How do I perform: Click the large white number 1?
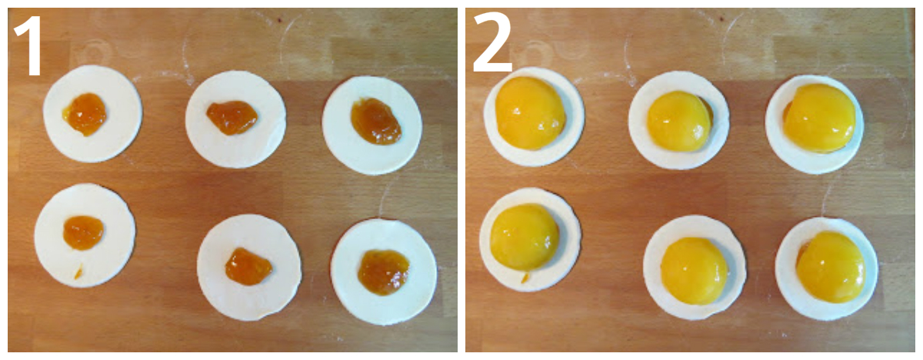coord(30,45)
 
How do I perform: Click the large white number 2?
coord(492,42)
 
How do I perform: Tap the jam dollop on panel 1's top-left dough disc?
coord(85,114)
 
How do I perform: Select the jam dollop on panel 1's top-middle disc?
coord(232,118)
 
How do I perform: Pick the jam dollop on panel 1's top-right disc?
coord(376,121)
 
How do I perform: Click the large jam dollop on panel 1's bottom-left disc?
coord(83,232)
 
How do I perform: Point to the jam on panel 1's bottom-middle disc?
coord(248,266)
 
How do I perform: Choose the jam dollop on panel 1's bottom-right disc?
coord(383,272)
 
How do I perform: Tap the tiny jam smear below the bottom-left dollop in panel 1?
coord(78,272)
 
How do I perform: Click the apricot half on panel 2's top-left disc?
coord(530,113)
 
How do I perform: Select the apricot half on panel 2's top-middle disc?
coord(678,121)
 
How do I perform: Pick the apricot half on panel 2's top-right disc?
coord(820,118)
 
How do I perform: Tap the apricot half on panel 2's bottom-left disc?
coord(525,237)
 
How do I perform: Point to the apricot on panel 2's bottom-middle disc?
coord(694,271)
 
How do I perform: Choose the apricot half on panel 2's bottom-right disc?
coord(831,266)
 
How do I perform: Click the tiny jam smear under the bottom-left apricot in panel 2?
coord(525,278)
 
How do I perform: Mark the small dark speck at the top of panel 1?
coord(281,19)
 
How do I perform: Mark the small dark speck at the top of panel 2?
coord(721,18)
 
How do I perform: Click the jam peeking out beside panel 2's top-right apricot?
coord(787,111)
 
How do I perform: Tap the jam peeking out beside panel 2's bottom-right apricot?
coord(800,251)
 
